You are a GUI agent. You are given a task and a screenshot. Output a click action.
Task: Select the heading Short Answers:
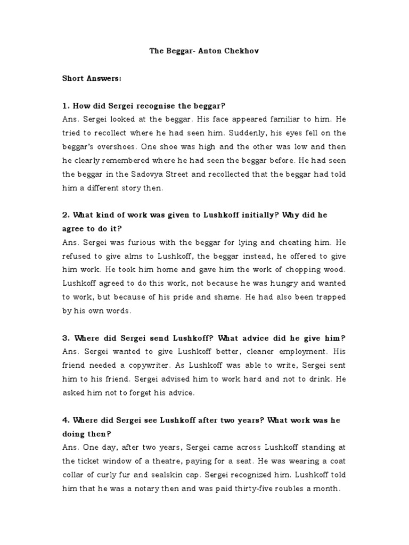point(92,78)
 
